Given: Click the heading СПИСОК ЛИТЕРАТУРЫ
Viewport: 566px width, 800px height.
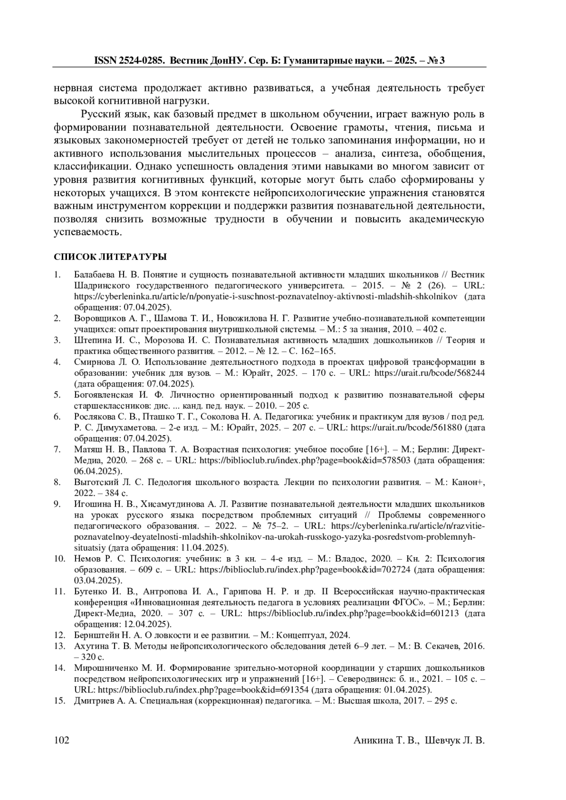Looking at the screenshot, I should [110, 257].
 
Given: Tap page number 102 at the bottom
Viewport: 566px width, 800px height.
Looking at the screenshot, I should [62, 741].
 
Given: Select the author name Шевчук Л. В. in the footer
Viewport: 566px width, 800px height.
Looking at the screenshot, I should [455, 741].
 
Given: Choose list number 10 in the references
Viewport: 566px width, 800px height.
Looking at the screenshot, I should [59, 559].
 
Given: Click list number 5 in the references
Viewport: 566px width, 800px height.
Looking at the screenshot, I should [57, 395].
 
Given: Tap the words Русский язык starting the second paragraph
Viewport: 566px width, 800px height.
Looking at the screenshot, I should [113, 115].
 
